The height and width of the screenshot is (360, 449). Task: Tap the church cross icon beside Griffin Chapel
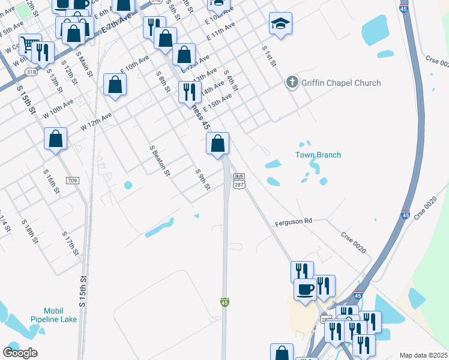coord(292,83)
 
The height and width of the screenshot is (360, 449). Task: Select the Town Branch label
coord(318,155)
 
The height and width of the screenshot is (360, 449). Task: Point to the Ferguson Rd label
coord(294,221)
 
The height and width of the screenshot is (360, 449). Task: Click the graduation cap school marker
coord(280,24)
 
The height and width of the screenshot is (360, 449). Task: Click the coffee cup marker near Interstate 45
coord(305,289)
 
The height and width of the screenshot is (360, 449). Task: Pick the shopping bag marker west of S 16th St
coord(55,139)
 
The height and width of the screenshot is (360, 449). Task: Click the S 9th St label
coord(203,179)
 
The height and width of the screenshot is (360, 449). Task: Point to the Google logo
coord(20,353)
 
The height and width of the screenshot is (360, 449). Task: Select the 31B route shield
coord(31,71)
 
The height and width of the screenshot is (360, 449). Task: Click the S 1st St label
coord(268,56)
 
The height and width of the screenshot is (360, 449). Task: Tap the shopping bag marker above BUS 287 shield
coord(217,144)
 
